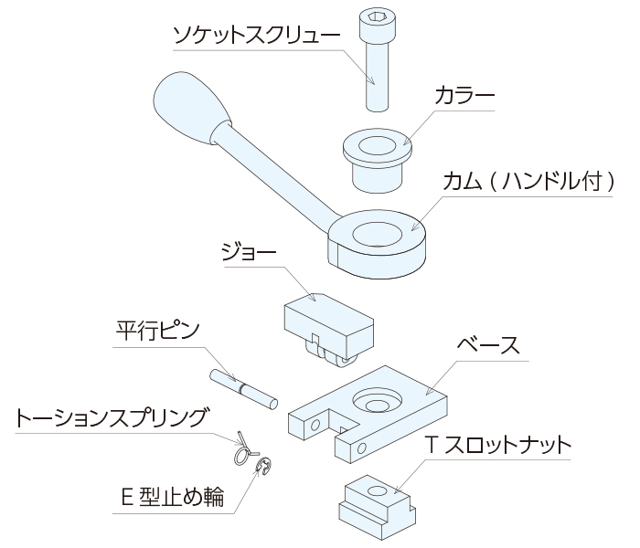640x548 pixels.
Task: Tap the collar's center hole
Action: click(x=376, y=144)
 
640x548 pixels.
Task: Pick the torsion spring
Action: click(x=241, y=448)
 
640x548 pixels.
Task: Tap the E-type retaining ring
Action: click(x=262, y=470)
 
